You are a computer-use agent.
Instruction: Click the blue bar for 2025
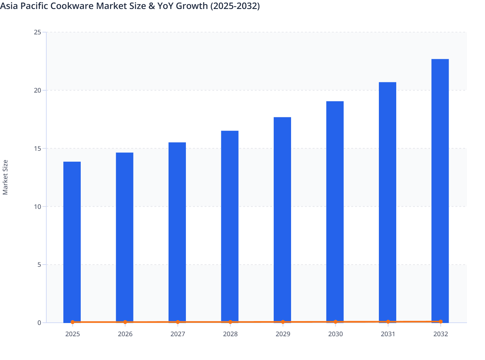point(72,241)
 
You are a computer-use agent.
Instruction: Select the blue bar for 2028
point(230,225)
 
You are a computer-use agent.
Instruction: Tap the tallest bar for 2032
point(440,190)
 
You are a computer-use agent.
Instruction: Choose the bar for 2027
point(177,231)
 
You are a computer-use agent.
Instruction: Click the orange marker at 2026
point(125,322)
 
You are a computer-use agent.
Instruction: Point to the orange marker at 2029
point(283,322)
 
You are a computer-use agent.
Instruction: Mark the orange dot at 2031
point(388,321)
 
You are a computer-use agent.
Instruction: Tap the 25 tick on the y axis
point(37,32)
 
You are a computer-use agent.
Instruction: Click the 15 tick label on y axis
point(37,148)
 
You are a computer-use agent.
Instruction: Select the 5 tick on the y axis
point(39,265)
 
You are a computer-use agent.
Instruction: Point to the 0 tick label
point(39,323)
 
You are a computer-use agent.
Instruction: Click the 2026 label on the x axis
point(125,334)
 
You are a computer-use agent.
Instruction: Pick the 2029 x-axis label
point(283,334)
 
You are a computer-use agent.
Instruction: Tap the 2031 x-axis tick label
point(388,334)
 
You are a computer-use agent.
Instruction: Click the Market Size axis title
point(5,177)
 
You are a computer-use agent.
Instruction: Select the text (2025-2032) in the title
point(235,6)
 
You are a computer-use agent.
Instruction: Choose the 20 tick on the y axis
point(37,90)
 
